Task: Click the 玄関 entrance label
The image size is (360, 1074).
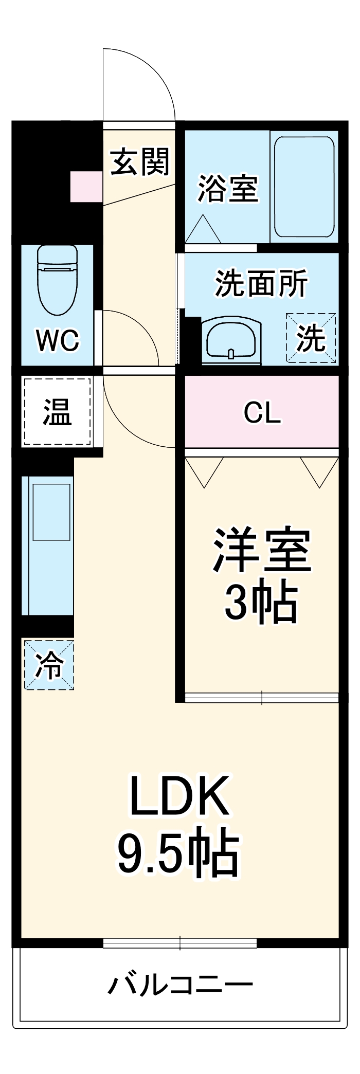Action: (139, 162)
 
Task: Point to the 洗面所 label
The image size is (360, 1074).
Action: (261, 283)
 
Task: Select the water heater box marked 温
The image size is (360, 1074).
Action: (57, 412)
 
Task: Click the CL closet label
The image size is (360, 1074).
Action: (262, 412)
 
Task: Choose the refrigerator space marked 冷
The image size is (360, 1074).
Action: (49, 664)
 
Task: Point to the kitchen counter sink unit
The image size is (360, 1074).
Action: (50, 546)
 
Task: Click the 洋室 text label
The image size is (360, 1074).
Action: (262, 550)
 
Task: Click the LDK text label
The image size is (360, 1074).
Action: (179, 796)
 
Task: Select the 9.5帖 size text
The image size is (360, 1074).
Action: (179, 854)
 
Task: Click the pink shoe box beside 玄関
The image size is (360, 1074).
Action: (86, 186)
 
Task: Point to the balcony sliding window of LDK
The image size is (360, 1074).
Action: (180, 943)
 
